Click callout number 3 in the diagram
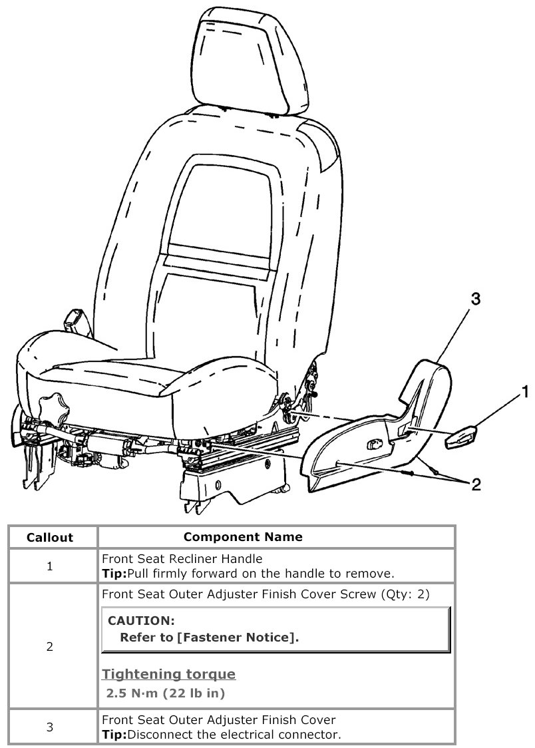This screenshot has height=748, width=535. pyautogui.click(x=475, y=299)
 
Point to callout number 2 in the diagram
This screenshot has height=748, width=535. pyautogui.click(x=476, y=484)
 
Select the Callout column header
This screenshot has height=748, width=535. pyautogui.click(x=50, y=537)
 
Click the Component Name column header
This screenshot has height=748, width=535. pyautogui.click(x=243, y=536)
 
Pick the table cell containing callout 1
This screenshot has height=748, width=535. pyautogui.click(x=50, y=566)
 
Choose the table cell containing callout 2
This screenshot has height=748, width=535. pyautogui.click(x=50, y=646)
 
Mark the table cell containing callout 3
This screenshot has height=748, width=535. pyautogui.click(x=50, y=727)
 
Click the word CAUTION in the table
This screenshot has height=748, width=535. pyautogui.click(x=141, y=621)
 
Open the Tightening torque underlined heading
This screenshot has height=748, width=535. pyautogui.click(x=169, y=674)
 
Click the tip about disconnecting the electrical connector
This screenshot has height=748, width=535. pyautogui.click(x=221, y=735)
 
